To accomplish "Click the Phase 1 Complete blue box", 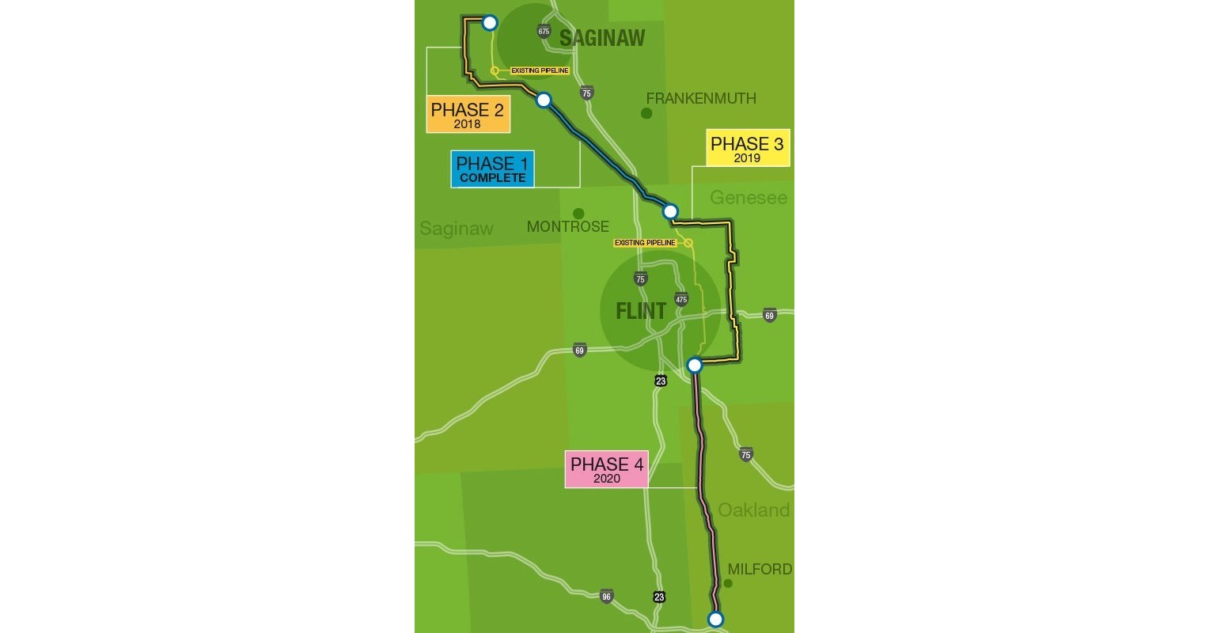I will [x=492, y=169].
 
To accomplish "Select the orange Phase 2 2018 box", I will [x=468, y=114].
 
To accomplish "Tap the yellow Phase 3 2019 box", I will [x=747, y=149].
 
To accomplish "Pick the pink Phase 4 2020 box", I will [x=607, y=468].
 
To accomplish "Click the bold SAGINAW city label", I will [x=602, y=38].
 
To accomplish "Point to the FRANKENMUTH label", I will [x=701, y=98].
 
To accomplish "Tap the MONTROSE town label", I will [x=567, y=227].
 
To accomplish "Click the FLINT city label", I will [x=641, y=310].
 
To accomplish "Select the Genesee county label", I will [x=749, y=197].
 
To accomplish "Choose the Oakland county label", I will [x=753, y=510].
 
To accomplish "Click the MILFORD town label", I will [x=760, y=569].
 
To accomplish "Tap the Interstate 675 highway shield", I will [x=544, y=31].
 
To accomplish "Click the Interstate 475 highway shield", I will [x=681, y=299].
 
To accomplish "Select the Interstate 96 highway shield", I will [x=606, y=596].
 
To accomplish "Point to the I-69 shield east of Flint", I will [x=770, y=316].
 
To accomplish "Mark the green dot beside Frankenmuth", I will [x=646, y=113].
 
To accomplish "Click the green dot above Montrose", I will [x=578, y=214].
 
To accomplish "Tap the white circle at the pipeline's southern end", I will [x=715, y=619].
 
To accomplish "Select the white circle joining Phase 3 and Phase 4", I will [x=694, y=365].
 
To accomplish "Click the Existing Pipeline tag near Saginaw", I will [x=540, y=70].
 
